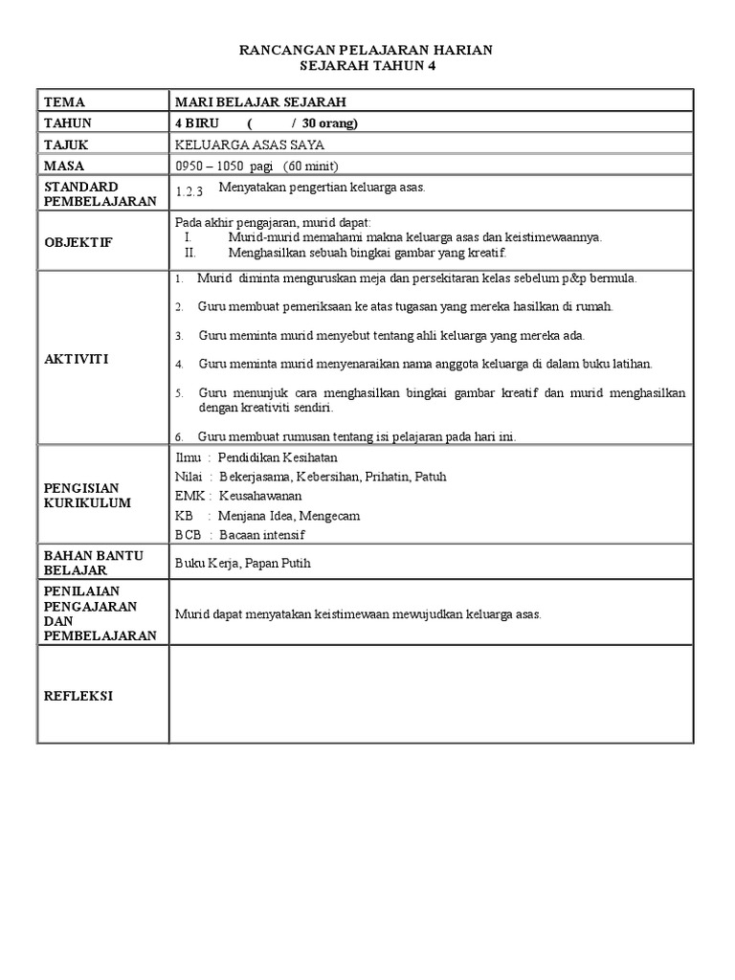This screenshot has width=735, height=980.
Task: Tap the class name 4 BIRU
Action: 196,122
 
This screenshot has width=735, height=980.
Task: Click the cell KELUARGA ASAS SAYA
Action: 249,145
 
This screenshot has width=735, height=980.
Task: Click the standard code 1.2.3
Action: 190,191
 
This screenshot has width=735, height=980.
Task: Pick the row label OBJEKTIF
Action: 78,242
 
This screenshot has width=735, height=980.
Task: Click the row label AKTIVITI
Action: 76,358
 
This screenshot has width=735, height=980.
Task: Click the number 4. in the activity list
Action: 179,365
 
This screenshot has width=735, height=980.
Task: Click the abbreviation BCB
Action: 187,534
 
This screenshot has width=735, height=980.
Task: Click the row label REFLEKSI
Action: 78,696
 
